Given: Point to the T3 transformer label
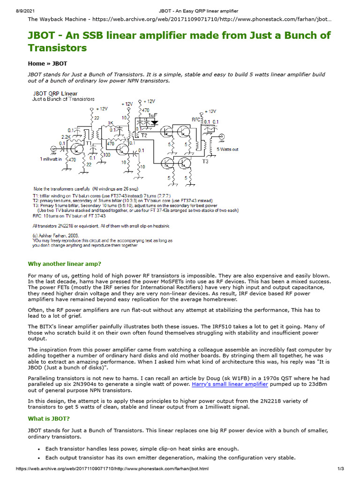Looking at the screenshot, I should click(x=205, y=162).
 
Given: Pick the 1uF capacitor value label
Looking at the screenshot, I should click(x=153, y=115).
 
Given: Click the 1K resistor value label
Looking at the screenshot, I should click(x=111, y=124).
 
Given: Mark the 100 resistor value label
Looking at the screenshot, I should click(x=107, y=154).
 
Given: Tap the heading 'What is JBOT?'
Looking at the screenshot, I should click(x=49, y=419).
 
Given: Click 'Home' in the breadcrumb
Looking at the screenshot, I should click(x=36, y=63).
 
